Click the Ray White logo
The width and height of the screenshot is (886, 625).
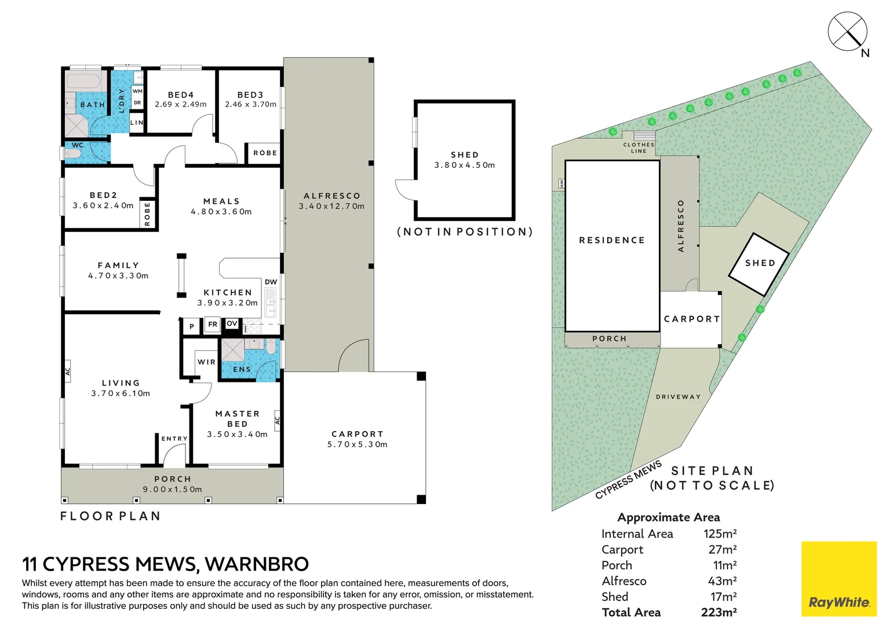click(x=839, y=578)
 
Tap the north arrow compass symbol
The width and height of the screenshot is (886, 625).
click(x=848, y=32)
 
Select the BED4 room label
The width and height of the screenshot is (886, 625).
click(x=181, y=95)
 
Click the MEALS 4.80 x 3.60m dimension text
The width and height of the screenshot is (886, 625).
click(x=221, y=212)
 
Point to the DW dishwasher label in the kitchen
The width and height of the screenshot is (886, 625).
click(x=271, y=282)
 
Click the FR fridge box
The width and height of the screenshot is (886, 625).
click(x=213, y=325)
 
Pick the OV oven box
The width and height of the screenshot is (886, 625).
click(x=232, y=323)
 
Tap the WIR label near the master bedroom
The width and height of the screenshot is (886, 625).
click(x=206, y=362)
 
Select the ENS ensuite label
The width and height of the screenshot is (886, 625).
click(x=242, y=369)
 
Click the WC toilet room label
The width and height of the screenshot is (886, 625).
click(x=78, y=145)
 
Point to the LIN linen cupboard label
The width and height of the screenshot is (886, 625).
click(x=137, y=123)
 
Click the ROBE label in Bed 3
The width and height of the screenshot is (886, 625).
click(x=265, y=153)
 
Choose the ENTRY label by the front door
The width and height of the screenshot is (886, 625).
click(x=174, y=439)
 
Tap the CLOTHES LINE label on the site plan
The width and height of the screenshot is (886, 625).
click(x=639, y=148)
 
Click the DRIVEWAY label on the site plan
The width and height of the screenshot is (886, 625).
click(x=679, y=396)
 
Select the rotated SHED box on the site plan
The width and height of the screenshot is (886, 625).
click(x=759, y=264)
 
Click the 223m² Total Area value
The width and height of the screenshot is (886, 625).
click(x=719, y=612)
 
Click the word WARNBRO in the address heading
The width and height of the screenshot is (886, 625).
click(x=257, y=564)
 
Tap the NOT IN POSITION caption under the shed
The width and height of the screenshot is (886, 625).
click(x=465, y=232)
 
